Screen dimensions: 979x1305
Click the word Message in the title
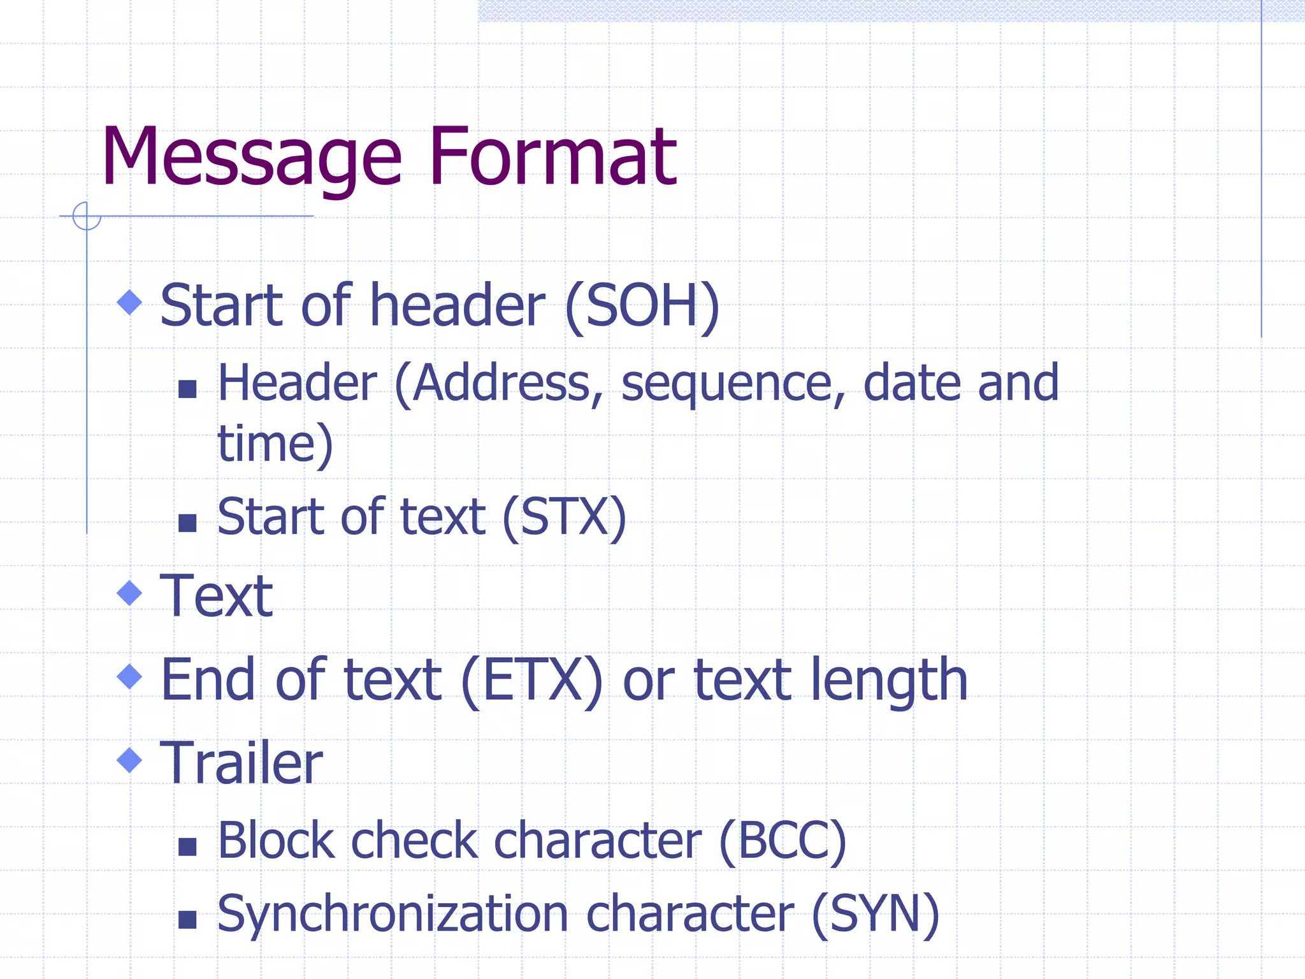tap(252, 158)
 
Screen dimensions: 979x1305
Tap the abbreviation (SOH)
tap(642, 307)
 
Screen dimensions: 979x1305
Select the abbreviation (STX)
tap(565, 517)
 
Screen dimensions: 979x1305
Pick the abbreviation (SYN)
tap(876, 914)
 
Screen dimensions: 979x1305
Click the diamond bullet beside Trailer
tap(130, 760)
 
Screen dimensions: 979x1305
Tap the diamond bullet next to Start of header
tap(130, 302)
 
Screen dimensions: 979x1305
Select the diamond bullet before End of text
tap(130, 676)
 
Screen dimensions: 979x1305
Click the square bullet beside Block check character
tap(187, 846)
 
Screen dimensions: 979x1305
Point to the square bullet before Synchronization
tap(187, 919)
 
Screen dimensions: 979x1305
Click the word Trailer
tap(242, 763)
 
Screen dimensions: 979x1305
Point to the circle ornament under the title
tap(87, 215)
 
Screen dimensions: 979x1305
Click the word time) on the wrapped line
tap(275, 444)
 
